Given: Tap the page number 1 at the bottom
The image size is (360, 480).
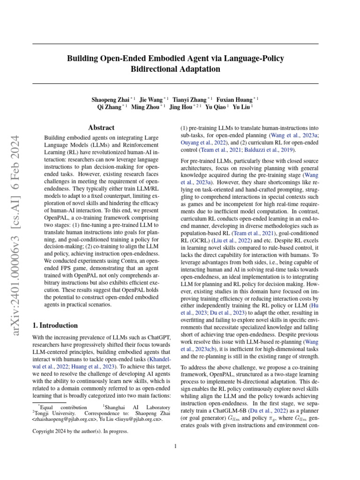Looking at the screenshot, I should point(175,446).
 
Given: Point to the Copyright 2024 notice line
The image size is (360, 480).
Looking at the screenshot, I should point(80,431).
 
